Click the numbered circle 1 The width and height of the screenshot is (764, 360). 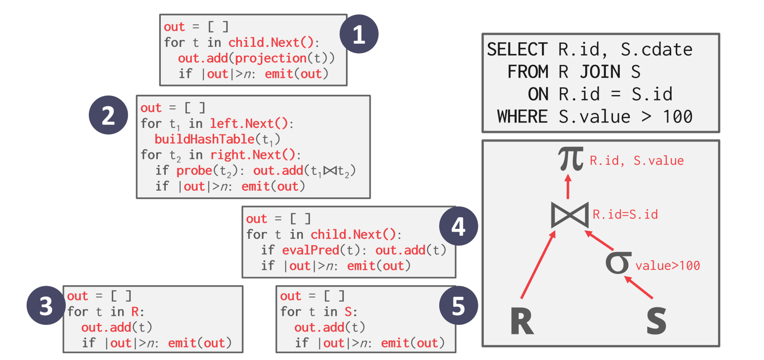(359, 34)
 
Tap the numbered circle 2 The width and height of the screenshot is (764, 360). (108, 115)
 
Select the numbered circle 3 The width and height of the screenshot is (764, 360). (46, 305)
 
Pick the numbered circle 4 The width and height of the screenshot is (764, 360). (458, 226)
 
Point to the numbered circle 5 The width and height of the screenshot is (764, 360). (458, 305)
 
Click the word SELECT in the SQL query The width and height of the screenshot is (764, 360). (517, 50)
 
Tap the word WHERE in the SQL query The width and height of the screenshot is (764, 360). (522, 117)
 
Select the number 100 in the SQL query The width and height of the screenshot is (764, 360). (678, 117)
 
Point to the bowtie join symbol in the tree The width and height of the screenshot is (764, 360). (570, 214)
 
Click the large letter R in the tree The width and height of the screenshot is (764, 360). (522, 321)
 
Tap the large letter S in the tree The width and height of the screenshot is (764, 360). (656, 321)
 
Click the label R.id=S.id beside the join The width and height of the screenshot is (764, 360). (625, 214)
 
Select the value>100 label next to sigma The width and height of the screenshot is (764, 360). (668, 266)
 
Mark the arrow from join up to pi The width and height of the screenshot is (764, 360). (568, 187)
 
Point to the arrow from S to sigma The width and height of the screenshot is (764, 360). (639, 287)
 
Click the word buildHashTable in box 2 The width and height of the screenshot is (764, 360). (205, 139)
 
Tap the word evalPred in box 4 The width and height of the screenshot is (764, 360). (310, 250)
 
